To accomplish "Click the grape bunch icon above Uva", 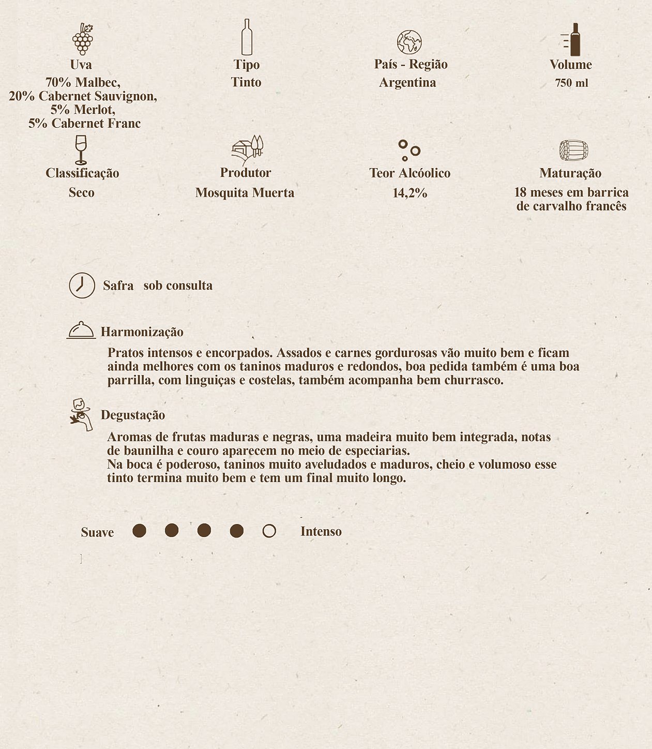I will point(83,39).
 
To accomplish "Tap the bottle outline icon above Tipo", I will point(247,37).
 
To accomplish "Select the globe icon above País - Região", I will point(409,42).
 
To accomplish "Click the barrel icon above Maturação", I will point(573,151).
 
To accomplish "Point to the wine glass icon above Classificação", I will point(81,149).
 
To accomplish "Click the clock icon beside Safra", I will point(82,285).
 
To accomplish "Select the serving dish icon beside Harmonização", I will point(81,330).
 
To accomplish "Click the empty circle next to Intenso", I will point(269,531).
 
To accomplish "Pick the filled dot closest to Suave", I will point(139,531).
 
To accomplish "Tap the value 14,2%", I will point(410,193).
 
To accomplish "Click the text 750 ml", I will point(571,83).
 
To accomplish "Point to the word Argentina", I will point(407,82).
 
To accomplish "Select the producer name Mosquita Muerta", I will point(245,193).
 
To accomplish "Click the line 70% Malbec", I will point(83,82).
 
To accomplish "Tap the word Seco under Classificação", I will point(82,193).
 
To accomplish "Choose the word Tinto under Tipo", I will point(246,82).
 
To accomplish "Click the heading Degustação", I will point(133,415).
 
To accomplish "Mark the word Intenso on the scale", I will point(321,531).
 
